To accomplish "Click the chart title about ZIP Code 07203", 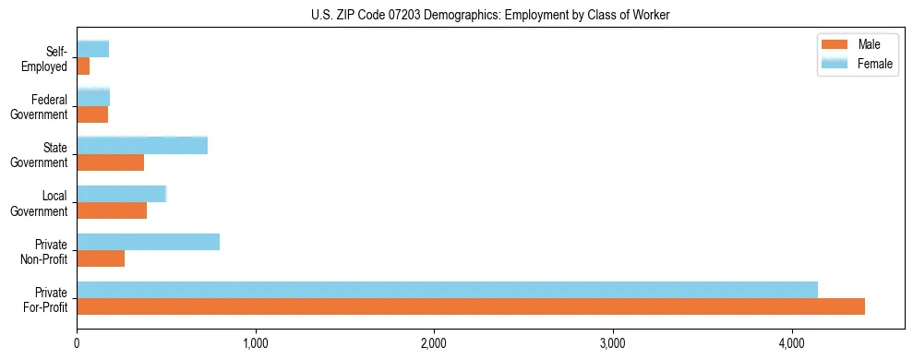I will (455, 15).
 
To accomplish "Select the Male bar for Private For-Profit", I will (471, 306).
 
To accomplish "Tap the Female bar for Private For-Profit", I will (447, 290).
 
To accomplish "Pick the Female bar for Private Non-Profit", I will (148, 242).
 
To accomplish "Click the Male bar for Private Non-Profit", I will (101, 258).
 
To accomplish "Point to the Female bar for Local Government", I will (121, 194).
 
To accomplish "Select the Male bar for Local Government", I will (112, 210).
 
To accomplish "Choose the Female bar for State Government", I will (142, 146).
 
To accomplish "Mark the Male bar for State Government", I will (110, 162).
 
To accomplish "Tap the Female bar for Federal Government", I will (93, 98).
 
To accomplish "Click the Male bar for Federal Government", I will (92, 114).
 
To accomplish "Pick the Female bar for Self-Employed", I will (92, 49).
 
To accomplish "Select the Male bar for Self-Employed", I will (83, 66).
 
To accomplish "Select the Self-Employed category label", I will (50, 58).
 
